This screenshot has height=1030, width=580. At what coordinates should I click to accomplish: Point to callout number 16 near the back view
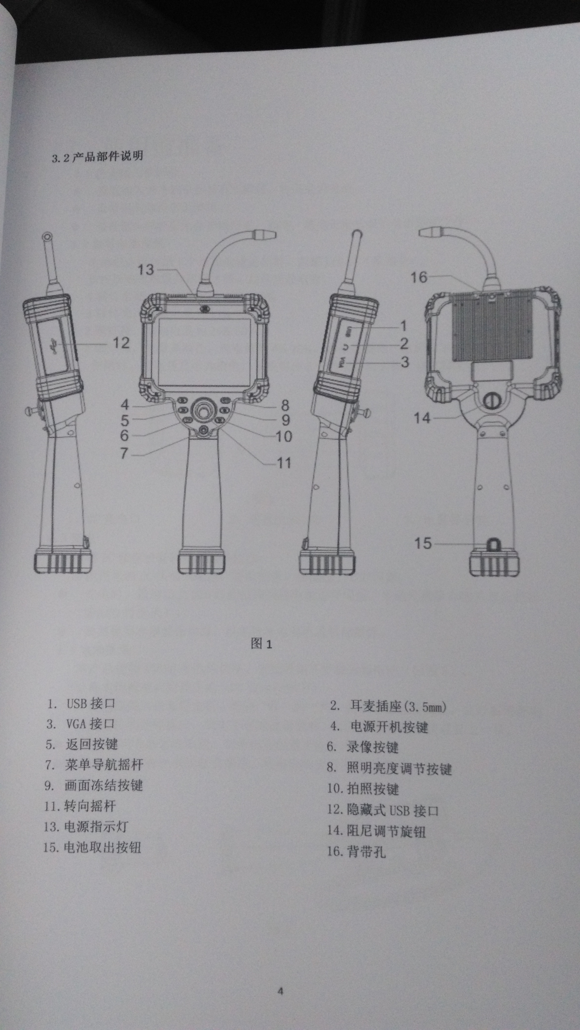(419, 277)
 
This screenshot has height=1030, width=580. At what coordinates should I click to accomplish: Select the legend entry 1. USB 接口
(81, 703)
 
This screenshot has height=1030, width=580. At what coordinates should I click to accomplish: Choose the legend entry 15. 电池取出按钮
(92, 847)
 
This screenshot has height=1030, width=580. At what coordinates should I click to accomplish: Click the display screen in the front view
(204, 352)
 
